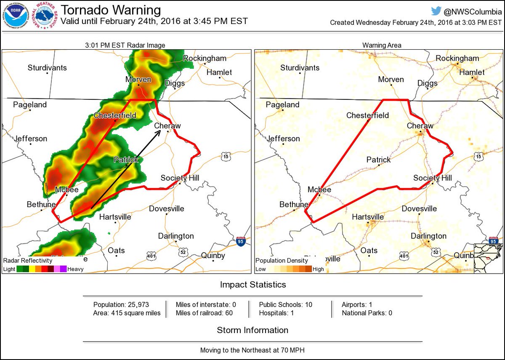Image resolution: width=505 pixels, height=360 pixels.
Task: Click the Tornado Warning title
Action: click(x=111, y=10)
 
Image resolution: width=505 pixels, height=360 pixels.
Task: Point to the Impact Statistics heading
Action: click(x=252, y=285)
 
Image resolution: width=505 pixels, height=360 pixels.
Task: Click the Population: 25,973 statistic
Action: click(x=121, y=304)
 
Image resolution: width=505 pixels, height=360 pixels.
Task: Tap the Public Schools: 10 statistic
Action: click(x=285, y=304)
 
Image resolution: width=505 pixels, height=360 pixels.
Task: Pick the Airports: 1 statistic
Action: click(x=357, y=304)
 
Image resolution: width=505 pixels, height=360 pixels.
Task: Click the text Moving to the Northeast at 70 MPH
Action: click(x=252, y=350)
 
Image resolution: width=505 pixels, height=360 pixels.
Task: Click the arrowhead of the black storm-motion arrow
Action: click(x=158, y=132)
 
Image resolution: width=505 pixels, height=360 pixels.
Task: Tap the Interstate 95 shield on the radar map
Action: click(x=240, y=242)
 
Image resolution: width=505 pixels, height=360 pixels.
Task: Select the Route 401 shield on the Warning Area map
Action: click(x=404, y=256)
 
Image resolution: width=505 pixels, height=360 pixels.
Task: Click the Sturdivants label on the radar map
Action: click(x=47, y=67)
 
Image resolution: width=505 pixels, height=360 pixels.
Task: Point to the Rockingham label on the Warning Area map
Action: click(x=457, y=58)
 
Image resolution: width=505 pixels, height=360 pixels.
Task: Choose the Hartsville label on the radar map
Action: click(x=115, y=217)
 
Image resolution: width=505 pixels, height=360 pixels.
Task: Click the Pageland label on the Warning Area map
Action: click(x=282, y=104)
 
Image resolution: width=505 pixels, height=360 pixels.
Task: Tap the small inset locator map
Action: click(x=488, y=257)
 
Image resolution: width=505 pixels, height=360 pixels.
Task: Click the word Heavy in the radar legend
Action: click(x=75, y=269)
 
